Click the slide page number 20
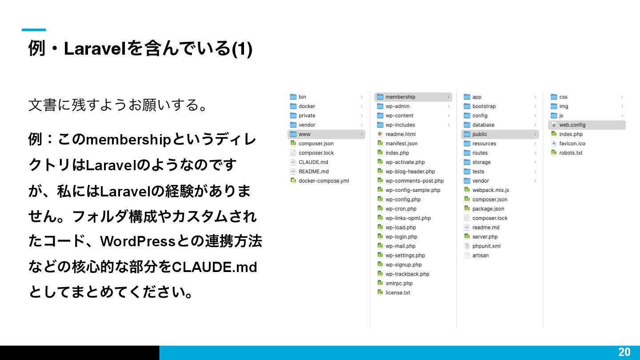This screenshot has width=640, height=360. click(624, 352)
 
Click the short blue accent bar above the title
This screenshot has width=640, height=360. click(34, 30)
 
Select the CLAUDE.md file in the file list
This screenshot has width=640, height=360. click(313, 162)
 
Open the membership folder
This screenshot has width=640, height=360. click(400, 97)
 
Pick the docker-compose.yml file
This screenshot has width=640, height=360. click(324, 181)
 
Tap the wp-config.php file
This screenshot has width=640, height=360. click(403, 200)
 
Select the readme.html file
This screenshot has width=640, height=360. click(400, 134)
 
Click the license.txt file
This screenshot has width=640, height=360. click(397, 293)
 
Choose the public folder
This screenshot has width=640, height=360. click(480, 134)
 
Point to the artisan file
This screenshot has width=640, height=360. click(480, 256)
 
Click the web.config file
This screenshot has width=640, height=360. click(572, 125)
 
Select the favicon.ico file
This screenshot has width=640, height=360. click(572, 144)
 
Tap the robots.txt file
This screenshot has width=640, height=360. click(571, 153)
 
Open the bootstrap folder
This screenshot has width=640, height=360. click(484, 106)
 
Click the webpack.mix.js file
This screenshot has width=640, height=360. click(490, 190)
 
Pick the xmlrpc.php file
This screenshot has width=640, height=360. click(399, 284)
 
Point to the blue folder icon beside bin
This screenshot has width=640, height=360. click(293, 97)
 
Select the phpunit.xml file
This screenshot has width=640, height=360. click(486, 246)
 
